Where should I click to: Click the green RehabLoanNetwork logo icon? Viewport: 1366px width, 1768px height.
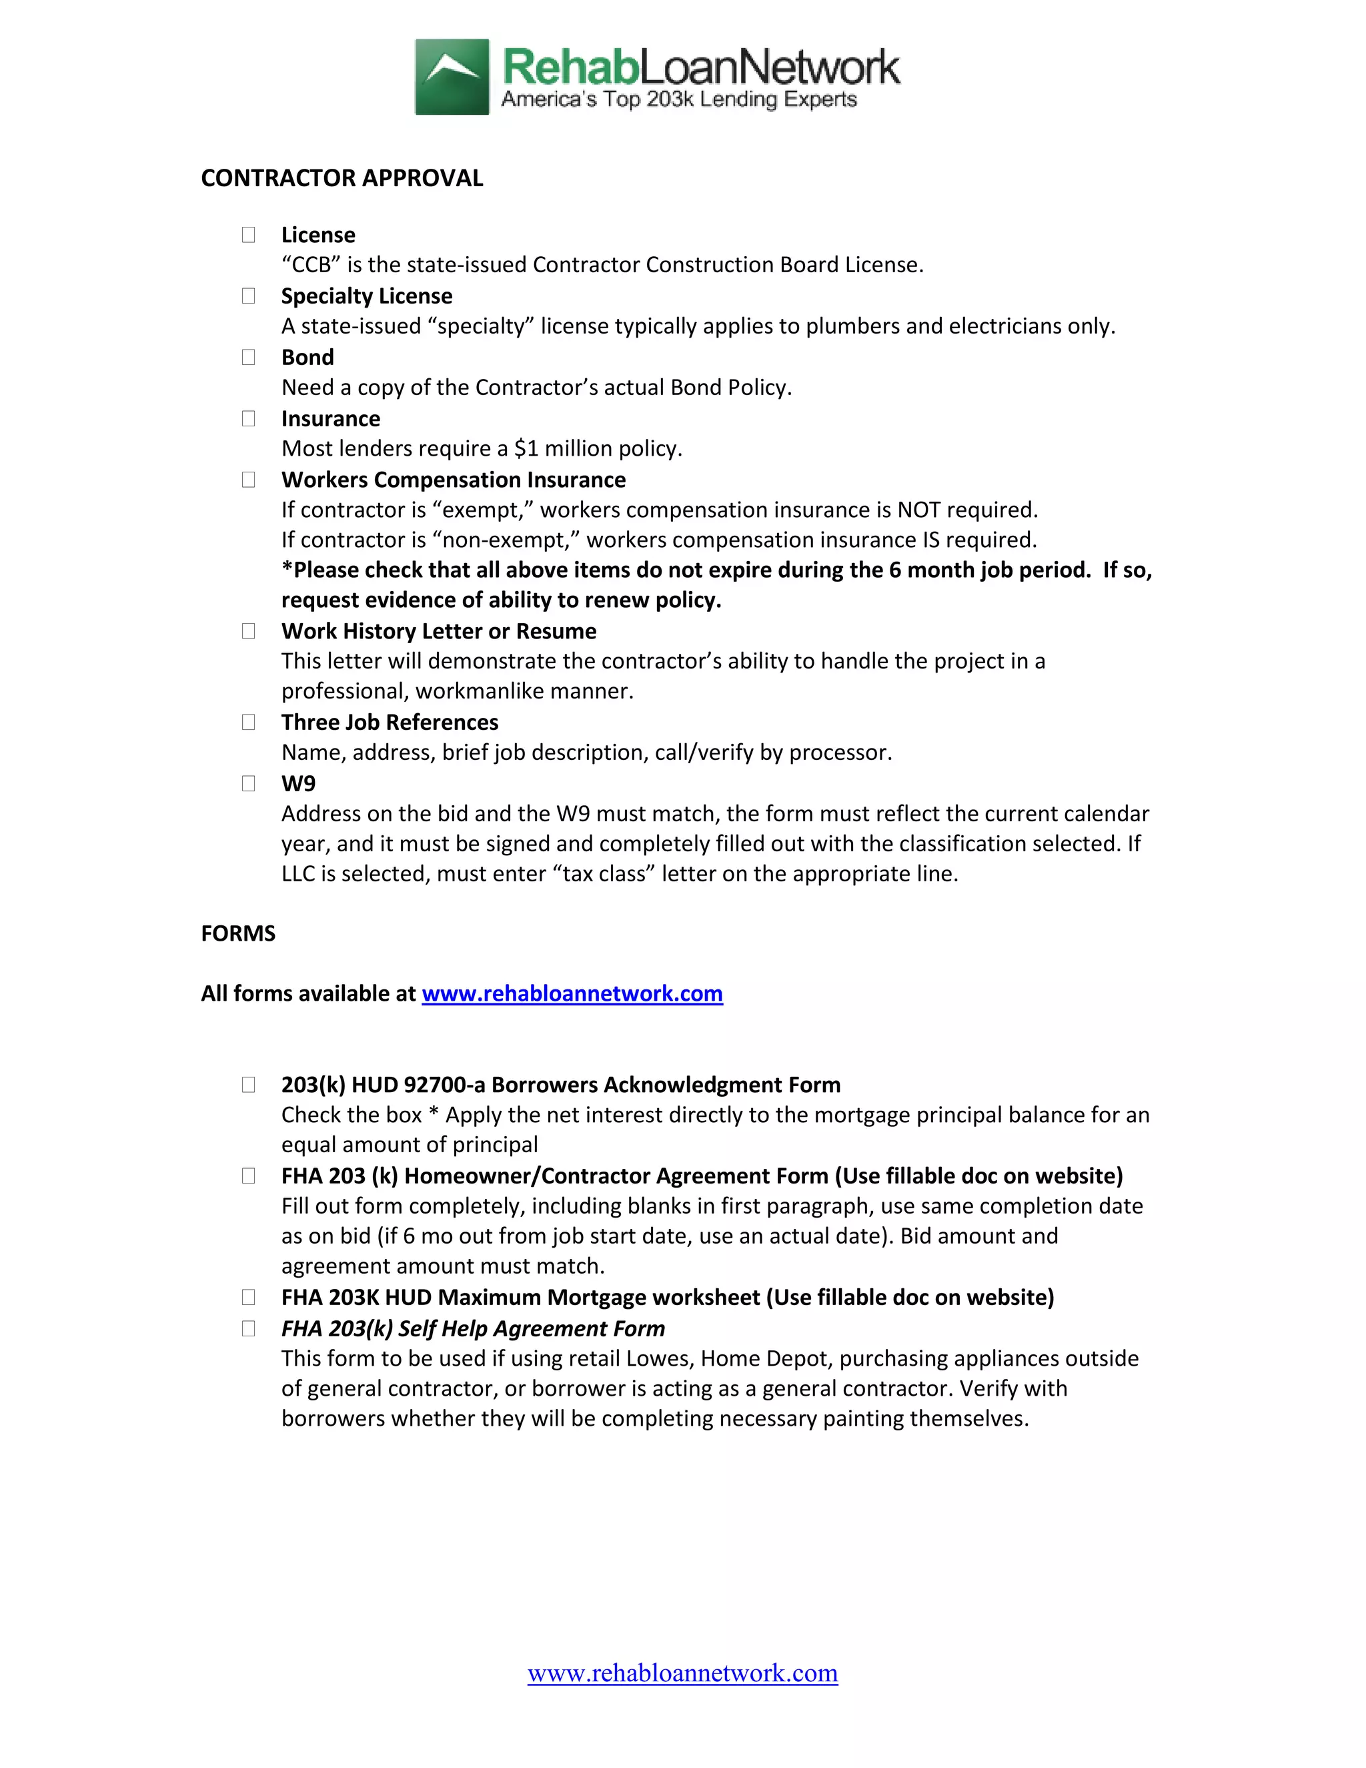click(x=452, y=77)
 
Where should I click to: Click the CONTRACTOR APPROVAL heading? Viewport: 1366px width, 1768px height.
click(x=341, y=178)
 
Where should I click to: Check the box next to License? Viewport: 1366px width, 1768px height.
click(x=248, y=235)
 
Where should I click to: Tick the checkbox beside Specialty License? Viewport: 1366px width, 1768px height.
click(x=248, y=296)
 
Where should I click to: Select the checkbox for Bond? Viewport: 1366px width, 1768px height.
click(x=248, y=357)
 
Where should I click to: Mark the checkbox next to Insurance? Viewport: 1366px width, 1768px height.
click(x=248, y=418)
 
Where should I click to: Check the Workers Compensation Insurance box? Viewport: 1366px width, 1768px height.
click(x=248, y=480)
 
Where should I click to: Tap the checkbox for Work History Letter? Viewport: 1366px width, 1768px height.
click(x=248, y=631)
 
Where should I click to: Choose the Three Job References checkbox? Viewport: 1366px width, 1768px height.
click(x=248, y=722)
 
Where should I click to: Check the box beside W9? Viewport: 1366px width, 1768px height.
click(x=248, y=784)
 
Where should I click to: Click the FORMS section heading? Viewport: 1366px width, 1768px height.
click(x=238, y=933)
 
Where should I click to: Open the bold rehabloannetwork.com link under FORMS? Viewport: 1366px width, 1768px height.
click(x=572, y=993)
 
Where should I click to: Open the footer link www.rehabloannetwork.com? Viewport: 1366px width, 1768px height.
click(x=682, y=1673)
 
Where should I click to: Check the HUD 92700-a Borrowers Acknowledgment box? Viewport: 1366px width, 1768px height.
click(x=248, y=1085)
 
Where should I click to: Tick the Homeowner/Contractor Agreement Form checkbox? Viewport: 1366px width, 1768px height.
click(x=248, y=1176)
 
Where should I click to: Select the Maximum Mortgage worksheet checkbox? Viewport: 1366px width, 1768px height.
click(x=248, y=1298)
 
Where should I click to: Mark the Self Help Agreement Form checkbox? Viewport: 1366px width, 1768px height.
click(x=248, y=1328)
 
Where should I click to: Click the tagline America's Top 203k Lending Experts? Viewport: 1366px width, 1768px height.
click(x=678, y=99)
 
